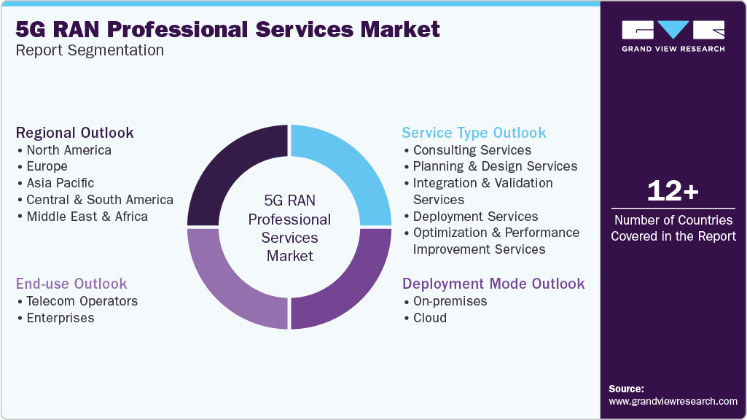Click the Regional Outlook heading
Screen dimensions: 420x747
click(x=75, y=133)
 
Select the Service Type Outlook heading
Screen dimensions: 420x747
click(x=474, y=133)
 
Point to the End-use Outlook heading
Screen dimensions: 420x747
click(x=71, y=284)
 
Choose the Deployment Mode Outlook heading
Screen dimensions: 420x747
click(x=493, y=284)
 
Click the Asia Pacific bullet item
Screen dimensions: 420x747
click(x=60, y=183)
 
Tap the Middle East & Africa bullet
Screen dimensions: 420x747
click(x=87, y=217)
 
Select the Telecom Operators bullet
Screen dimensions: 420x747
click(x=82, y=301)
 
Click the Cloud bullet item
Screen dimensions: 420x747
click(x=429, y=318)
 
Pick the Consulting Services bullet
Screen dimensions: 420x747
click(x=472, y=150)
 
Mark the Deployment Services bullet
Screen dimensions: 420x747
click(x=475, y=217)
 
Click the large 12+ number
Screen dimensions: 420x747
click(x=673, y=192)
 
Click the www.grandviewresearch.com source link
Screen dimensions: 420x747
click(x=673, y=401)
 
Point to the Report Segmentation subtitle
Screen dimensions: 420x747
click(x=90, y=50)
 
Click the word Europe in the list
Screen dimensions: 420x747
click(x=47, y=166)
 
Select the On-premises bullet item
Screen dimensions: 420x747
click(x=450, y=301)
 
